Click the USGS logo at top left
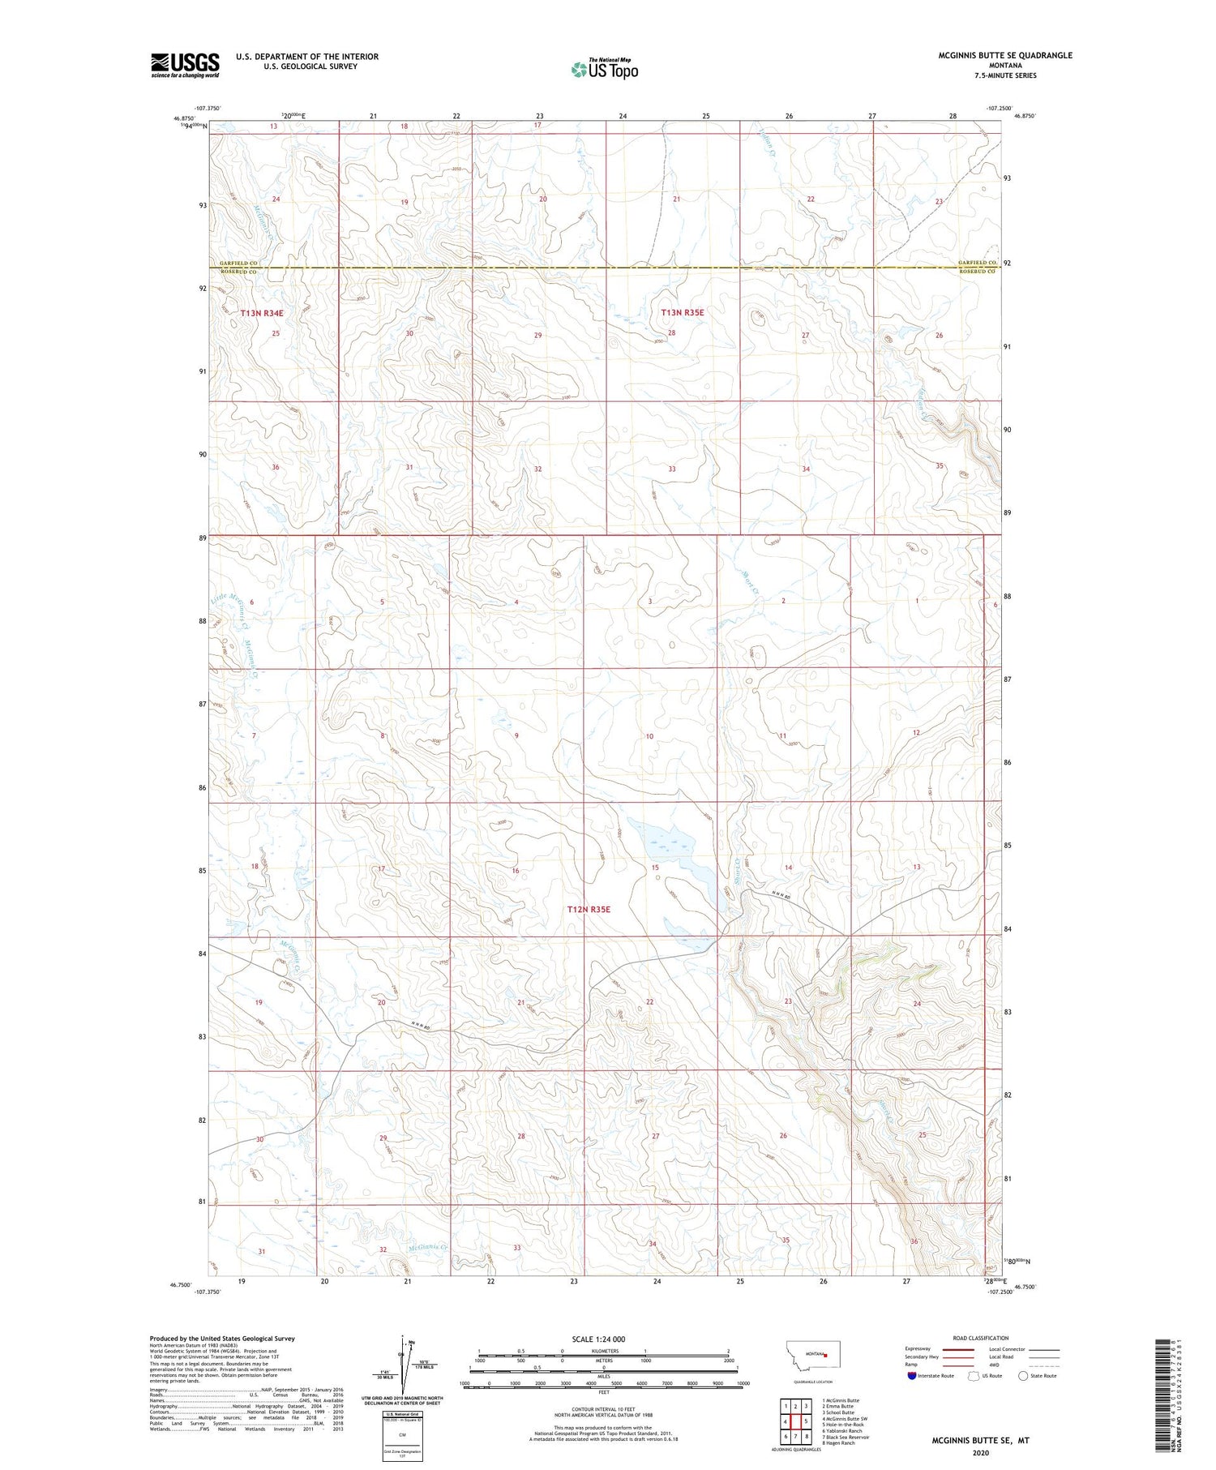point(185,65)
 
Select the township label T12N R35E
point(589,910)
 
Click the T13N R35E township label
point(683,312)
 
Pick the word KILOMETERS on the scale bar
point(604,1351)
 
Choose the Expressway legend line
point(957,1350)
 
